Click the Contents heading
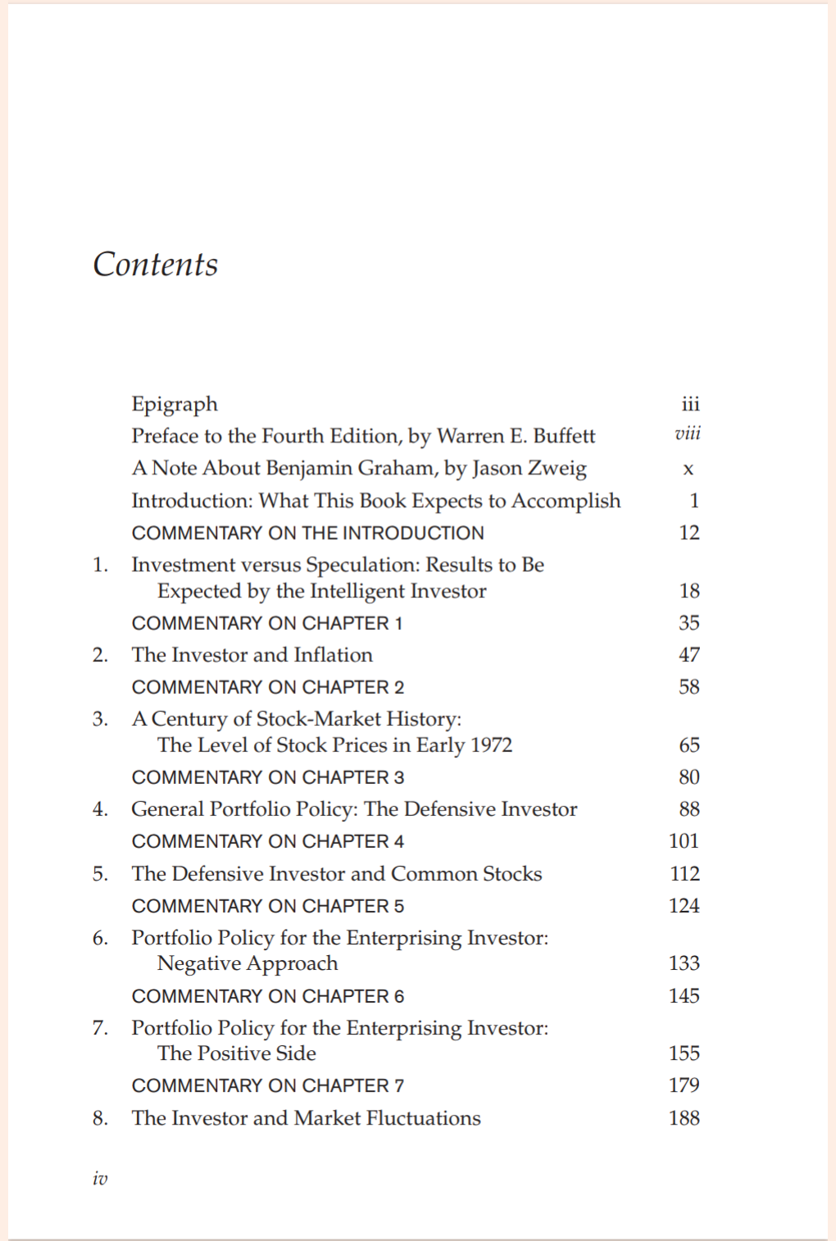[156, 265]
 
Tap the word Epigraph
[175, 405]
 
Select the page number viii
[688, 434]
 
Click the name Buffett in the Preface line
[564, 436]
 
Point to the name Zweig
[557, 469]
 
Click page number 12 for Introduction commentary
[689, 532]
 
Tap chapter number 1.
[99, 564]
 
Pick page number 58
[689, 686]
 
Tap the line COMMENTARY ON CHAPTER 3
[268, 777]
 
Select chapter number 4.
[99, 809]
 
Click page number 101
[684, 840]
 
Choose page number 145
[684, 995]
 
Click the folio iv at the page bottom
[100, 1178]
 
